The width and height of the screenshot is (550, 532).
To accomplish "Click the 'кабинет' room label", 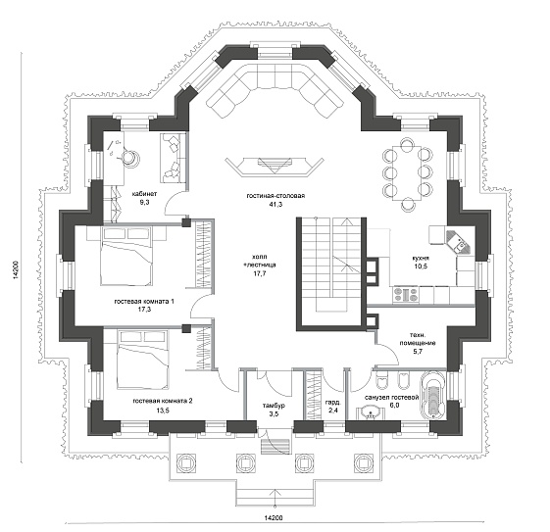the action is (144, 194).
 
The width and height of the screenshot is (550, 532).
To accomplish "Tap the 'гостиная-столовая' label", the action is (275, 196).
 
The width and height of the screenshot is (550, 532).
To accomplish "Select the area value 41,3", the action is (275, 205).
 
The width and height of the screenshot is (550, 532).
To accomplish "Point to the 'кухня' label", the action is (421, 258).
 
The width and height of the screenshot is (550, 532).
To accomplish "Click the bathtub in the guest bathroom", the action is (433, 396).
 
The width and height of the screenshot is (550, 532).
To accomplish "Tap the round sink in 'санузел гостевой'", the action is (370, 412).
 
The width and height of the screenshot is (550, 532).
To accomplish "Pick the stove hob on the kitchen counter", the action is (406, 295).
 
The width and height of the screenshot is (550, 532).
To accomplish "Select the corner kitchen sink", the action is (459, 241).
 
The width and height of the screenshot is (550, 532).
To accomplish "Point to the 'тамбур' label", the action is (274, 406).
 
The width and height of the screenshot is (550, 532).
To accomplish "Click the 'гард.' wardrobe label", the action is (331, 402).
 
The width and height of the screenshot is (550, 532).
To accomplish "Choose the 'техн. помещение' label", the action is (418, 339).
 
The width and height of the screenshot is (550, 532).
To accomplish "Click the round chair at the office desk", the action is (130, 158).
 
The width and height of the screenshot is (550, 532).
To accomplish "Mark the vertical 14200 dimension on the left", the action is (16, 269).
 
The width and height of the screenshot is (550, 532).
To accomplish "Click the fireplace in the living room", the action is (275, 166).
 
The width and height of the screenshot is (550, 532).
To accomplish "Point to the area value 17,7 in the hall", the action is (260, 273).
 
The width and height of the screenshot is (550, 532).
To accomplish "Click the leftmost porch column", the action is (185, 461).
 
